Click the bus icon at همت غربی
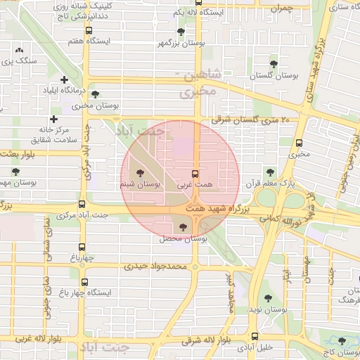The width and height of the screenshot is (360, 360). point(195,173)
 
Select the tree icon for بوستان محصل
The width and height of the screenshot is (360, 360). point(184,227)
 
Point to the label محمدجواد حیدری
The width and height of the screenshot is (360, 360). point(157,266)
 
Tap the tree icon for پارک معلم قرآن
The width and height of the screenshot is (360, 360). point(269,172)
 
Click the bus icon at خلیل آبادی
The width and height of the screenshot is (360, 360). point(254,336)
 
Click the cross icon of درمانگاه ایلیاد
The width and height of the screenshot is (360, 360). point(65,80)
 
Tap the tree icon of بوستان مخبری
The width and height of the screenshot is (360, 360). point(96,94)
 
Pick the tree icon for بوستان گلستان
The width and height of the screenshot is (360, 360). point(274,64)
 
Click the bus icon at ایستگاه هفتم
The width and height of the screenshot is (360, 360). point(89,30)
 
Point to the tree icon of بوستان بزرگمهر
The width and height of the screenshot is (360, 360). point(181,32)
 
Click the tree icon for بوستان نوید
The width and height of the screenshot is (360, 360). point(267,298)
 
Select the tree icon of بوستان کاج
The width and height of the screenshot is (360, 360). point(342,340)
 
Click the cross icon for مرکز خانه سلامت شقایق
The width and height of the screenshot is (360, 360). point(54,119)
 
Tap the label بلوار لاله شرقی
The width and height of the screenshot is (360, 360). point(205,341)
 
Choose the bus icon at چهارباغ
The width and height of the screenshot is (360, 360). point(82,247)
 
